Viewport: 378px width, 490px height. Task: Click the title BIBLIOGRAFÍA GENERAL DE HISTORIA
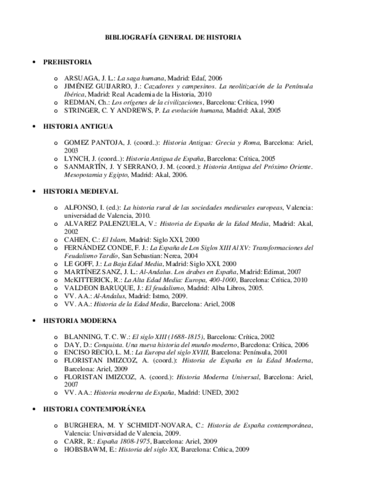(x=173, y=38)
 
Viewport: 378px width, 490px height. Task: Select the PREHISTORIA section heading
(x=68, y=62)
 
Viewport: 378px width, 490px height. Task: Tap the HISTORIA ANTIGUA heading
(x=78, y=127)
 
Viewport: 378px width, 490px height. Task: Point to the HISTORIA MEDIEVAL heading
(x=80, y=191)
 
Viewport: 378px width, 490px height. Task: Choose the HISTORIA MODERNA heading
(x=80, y=321)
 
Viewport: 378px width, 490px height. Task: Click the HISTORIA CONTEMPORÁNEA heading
(x=94, y=409)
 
